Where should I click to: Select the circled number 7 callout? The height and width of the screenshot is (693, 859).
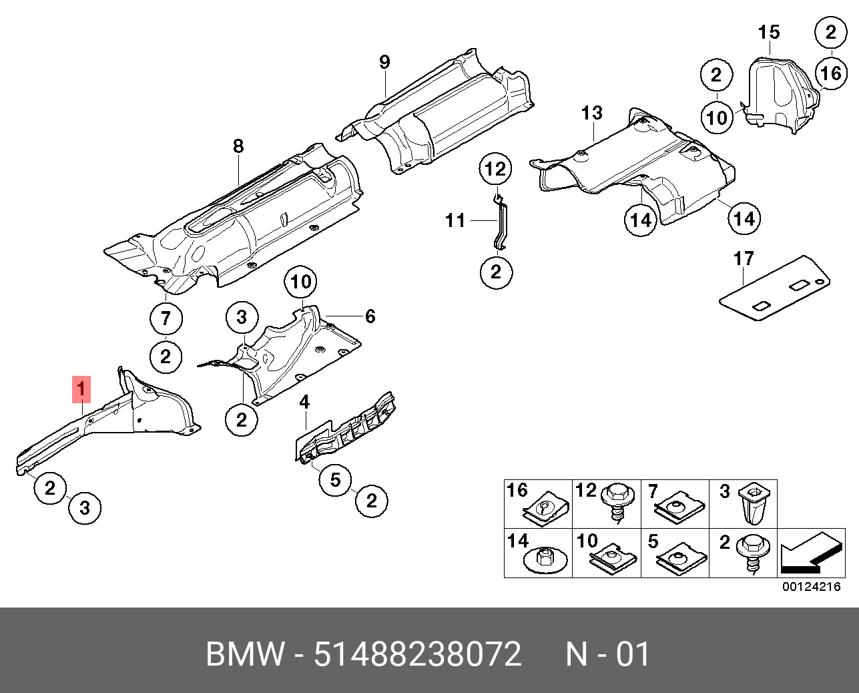point(166,319)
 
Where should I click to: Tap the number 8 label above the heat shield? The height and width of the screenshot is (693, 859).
point(238,146)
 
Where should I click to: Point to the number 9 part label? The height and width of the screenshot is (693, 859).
point(384,63)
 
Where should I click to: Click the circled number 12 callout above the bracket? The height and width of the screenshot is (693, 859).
point(496,170)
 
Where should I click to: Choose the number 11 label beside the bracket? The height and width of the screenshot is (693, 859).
point(455,220)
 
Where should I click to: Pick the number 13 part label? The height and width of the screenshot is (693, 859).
point(591,113)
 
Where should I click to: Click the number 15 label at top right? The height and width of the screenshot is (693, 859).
point(769,32)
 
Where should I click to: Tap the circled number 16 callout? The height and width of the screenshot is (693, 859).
point(831,72)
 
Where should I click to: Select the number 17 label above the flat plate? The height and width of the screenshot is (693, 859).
point(744,258)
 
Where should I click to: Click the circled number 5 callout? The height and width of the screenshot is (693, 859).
point(335,479)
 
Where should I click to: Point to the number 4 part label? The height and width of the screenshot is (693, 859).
point(304,402)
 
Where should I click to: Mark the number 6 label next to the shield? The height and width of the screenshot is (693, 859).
point(370,316)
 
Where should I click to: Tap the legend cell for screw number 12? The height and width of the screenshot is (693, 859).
point(607,504)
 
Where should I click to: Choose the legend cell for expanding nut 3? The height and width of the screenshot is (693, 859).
point(743,504)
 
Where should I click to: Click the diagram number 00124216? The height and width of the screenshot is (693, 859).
point(811,588)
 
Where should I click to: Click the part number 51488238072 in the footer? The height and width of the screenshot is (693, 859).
point(417,654)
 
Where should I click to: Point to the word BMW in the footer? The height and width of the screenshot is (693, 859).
point(245,654)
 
